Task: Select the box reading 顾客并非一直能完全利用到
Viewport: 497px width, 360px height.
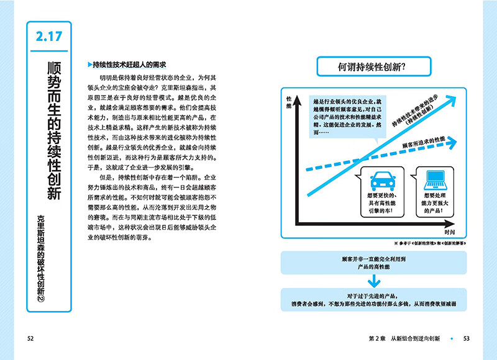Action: pyautogui.click(x=369, y=261)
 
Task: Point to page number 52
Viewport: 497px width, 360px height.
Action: pyautogui.click(x=30, y=338)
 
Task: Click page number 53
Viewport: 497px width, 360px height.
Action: pyautogui.click(x=467, y=338)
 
